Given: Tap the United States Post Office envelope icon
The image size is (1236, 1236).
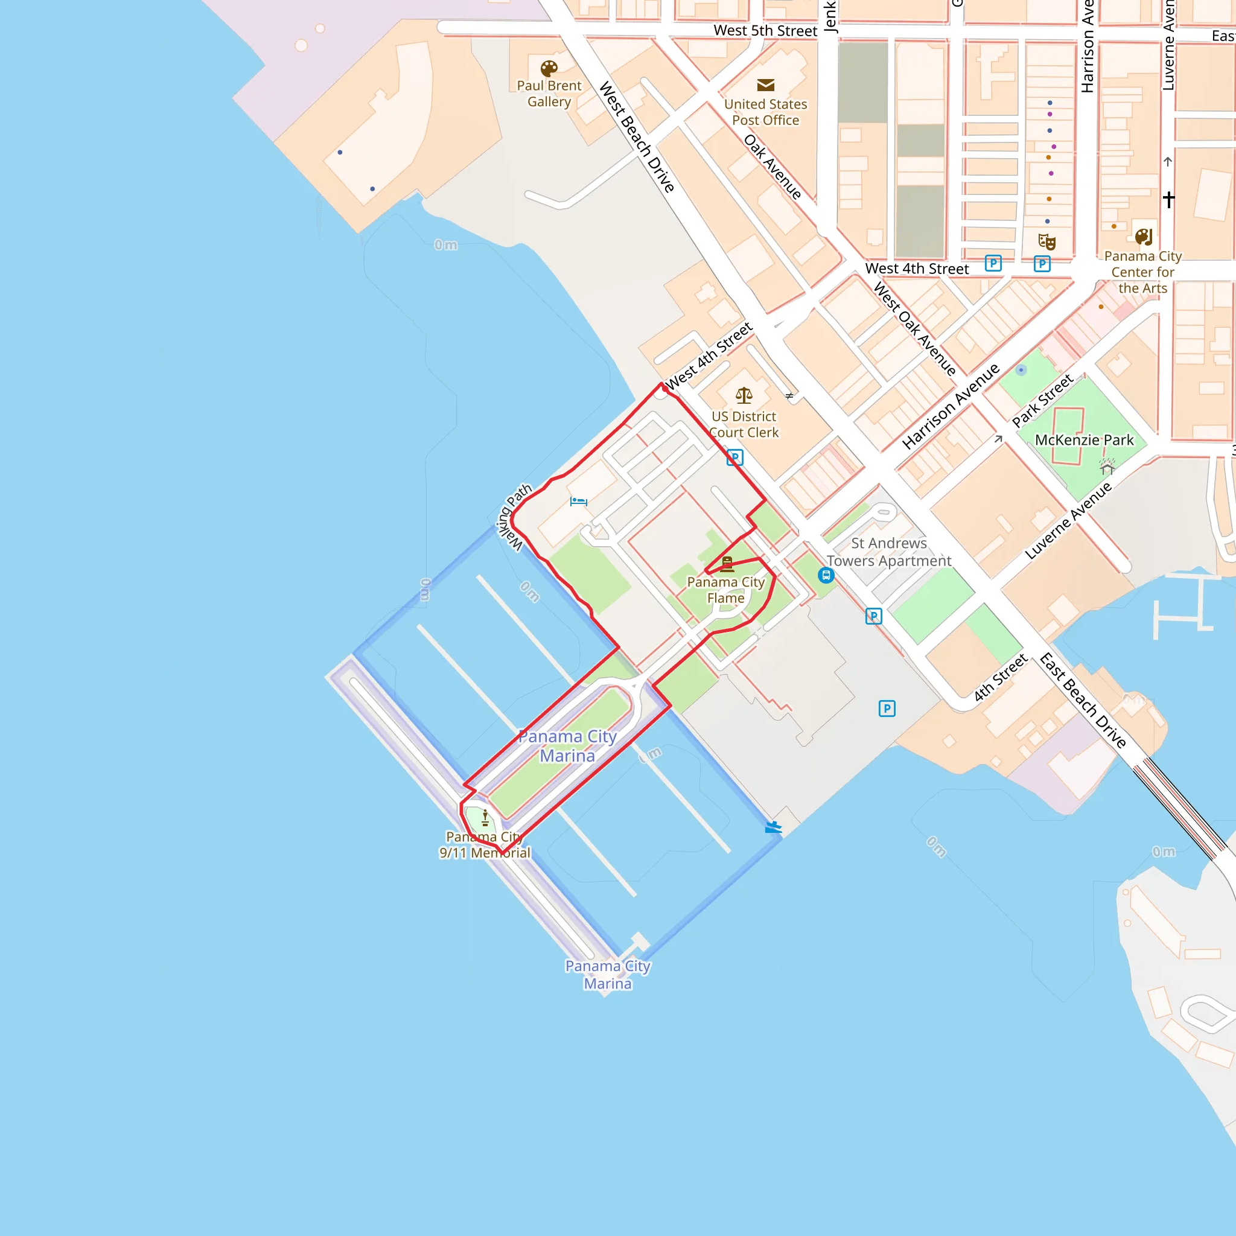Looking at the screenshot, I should pyautogui.click(x=766, y=85).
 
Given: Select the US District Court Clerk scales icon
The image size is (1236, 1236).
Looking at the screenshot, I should pyautogui.click(x=744, y=395).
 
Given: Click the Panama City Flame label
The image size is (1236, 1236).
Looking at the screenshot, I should pyautogui.click(x=725, y=590).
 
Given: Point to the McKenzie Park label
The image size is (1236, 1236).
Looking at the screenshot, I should pyautogui.click(x=1084, y=440).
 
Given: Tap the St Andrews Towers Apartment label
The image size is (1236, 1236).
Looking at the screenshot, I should pyautogui.click(x=888, y=552).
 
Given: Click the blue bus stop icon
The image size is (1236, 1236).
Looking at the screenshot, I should pyautogui.click(x=826, y=575).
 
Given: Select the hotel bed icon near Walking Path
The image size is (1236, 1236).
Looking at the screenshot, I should pyautogui.click(x=578, y=502).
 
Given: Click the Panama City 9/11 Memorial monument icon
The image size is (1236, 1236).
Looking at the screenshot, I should pyautogui.click(x=485, y=818).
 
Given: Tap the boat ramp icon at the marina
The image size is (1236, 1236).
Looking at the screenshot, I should pyautogui.click(x=773, y=827).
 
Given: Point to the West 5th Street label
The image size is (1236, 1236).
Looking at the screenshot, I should pyautogui.click(x=765, y=31).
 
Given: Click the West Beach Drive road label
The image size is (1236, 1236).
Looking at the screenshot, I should pyautogui.click(x=637, y=137).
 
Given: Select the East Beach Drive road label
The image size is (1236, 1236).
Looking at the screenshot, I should pyautogui.click(x=1082, y=701).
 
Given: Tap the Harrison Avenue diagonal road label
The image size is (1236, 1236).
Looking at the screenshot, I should pyautogui.click(x=951, y=406).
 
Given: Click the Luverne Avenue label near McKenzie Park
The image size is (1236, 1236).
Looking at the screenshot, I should pyautogui.click(x=1068, y=521).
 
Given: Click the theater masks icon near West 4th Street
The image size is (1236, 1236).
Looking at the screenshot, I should pyautogui.click(x=1046, y=242).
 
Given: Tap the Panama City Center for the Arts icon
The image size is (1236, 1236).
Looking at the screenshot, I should pyautogui.click(x=1143, y=237).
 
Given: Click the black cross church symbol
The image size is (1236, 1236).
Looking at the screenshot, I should pyautogui.click(x=1168, y=200).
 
